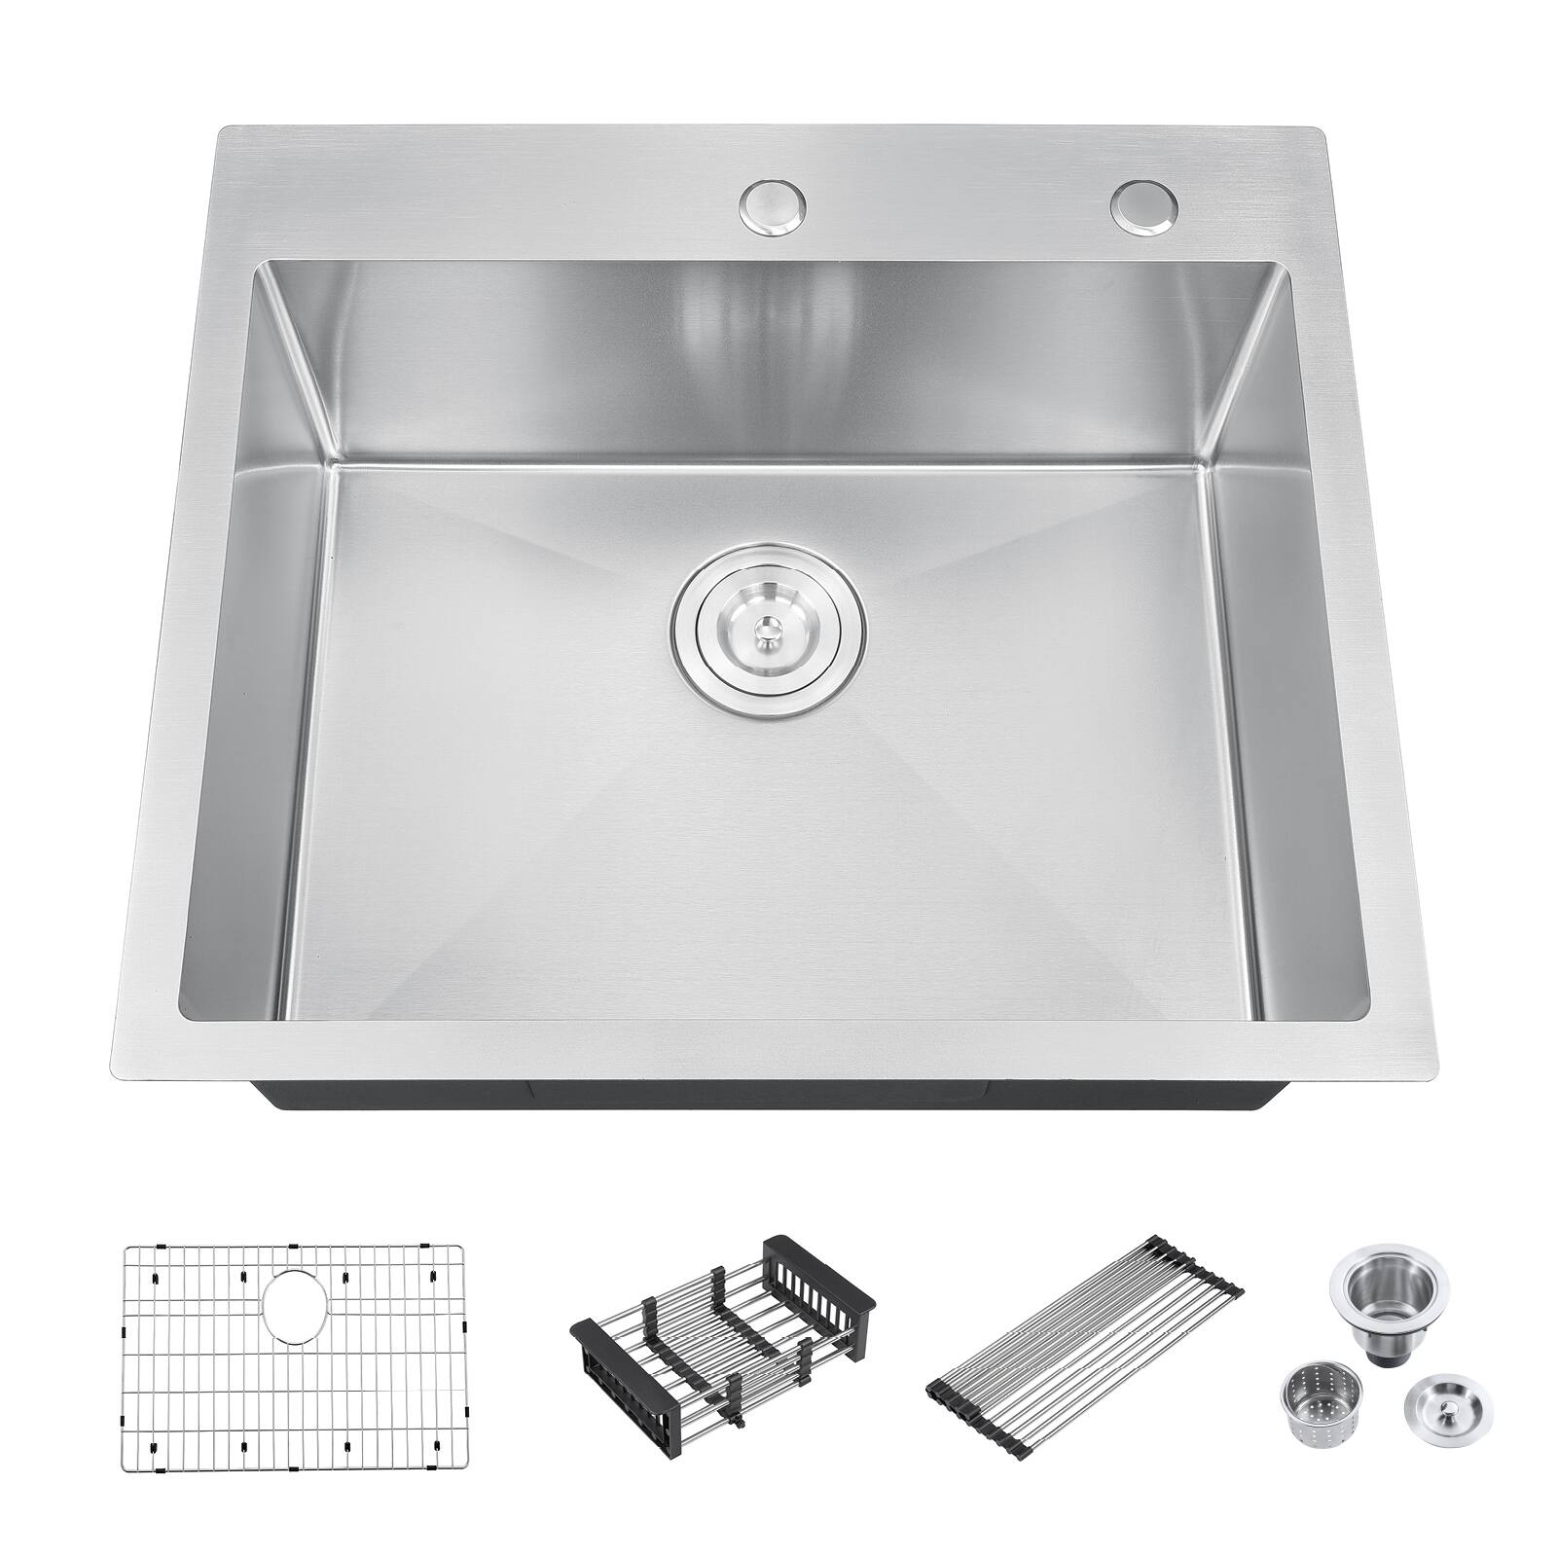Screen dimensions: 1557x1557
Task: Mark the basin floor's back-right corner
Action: coord(1207,463)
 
